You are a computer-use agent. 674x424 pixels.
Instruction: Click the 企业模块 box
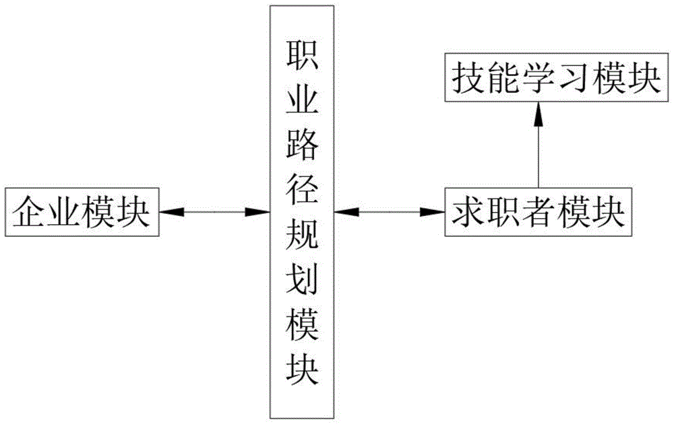(82, 213)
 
